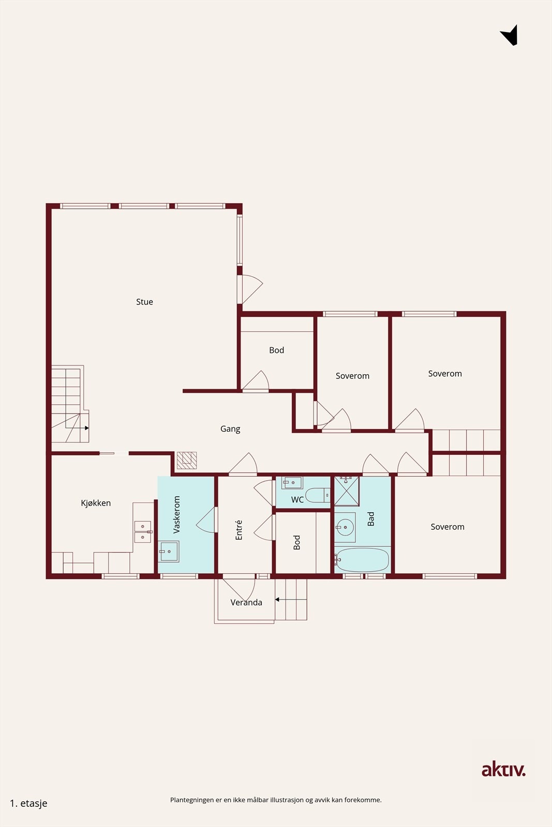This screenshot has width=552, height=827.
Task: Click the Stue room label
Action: point(144,302)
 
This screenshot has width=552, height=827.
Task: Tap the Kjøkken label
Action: point(96,503)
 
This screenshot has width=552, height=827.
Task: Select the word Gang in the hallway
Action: point(230,428)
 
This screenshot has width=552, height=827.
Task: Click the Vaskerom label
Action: point(177,515)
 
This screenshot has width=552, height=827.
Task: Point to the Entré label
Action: point(239,530)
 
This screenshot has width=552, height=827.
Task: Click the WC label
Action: point(297,500)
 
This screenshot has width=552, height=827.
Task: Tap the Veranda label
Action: point(246,602)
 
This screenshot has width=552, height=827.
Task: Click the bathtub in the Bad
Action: point(362,560)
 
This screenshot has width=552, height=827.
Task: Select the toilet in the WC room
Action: point(317,495)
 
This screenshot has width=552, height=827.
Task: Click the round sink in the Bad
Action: point(345,528)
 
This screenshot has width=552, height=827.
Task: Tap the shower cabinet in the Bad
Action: point(346,491)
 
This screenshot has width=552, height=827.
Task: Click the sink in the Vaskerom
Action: point(169,551)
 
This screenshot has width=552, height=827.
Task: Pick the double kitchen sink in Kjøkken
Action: point(143,532)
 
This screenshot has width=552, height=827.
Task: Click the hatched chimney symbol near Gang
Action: point(187,460)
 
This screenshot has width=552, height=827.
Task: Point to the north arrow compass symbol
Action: point(510,36)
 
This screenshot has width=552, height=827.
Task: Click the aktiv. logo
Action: point(503,770)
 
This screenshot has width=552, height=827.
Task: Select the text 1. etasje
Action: point(29,803)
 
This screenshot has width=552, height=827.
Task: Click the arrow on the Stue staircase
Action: point(86,428)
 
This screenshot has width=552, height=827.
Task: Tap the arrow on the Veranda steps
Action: point(278,600)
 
